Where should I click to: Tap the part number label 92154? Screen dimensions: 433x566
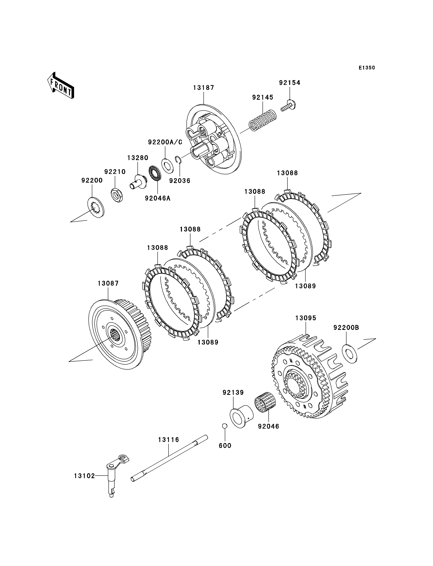pyautogui.click(x=290, y=83)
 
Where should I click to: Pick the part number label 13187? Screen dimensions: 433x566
pyautogui.click(x=204, y=88)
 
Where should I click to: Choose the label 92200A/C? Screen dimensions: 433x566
pyautogui.click(x=165, y=142)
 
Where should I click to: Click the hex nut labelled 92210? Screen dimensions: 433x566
pyautogui.click(x=117, y=195)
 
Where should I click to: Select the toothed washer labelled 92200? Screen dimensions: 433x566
pyautogui.click(x=96, y=207)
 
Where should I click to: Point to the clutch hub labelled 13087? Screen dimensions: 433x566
pyautogui.click(x=115, y=335)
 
